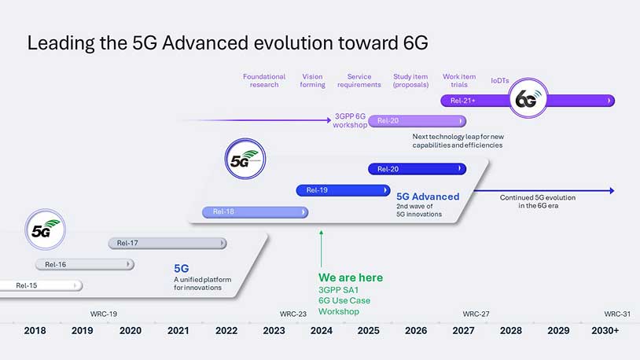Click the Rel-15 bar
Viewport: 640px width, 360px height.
coord(39,285)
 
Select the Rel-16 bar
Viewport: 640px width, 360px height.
coord(84,264)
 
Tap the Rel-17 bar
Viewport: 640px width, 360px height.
coord(167,243)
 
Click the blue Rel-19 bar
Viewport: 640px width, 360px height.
coord(342,190)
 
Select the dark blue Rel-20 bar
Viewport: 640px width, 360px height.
coord(417,169)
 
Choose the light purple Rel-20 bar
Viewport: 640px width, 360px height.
coord(417,121)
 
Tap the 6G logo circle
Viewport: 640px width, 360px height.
coord(526,101)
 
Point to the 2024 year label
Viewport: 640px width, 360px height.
coord(321,331)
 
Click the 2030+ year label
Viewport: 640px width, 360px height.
coord(605,331)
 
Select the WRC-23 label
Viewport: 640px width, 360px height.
coord(293,314)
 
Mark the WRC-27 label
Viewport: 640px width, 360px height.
coord(476,314)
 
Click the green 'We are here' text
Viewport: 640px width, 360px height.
coord(351,277)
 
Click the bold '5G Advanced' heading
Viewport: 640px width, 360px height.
coord(428,197)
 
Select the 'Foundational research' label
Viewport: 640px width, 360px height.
coord(264,81)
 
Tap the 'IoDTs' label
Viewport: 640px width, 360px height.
coord(500,80)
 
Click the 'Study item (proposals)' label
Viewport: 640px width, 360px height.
coord(410,81)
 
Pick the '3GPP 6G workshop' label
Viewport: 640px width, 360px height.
coord(350,121)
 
